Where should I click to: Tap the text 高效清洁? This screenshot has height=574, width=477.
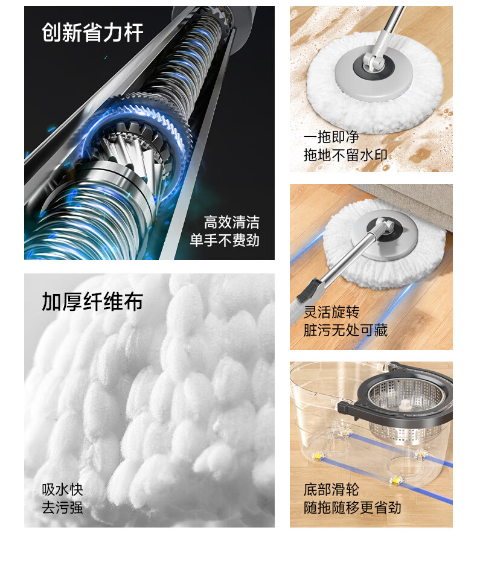(232, 222)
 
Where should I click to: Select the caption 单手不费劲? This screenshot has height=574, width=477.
(225, 240)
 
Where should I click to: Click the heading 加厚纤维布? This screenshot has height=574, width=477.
(92, 301)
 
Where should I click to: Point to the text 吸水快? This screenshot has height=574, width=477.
(62, 489)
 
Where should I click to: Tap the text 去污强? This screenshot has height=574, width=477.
(62, 508)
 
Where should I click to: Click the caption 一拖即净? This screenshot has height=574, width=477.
(331, 137)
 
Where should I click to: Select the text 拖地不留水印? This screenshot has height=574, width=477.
(345, 155)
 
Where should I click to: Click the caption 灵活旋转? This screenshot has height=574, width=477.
(331, 312)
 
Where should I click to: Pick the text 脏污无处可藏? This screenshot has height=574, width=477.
(345, 330)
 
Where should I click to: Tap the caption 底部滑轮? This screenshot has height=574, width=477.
(331, 489)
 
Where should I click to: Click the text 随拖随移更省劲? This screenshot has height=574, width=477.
(353, 508)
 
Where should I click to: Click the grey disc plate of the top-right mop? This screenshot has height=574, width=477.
(373, 75)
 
